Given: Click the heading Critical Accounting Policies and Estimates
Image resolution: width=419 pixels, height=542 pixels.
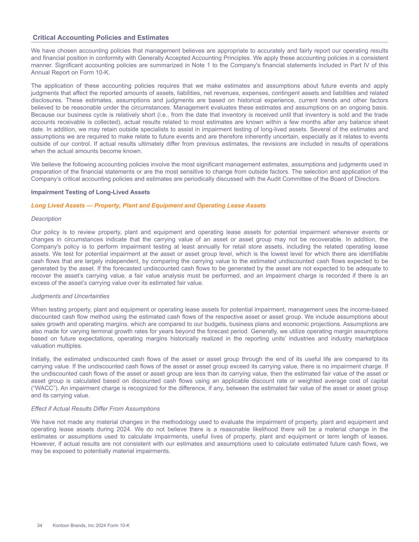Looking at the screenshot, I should (x=100, y=38).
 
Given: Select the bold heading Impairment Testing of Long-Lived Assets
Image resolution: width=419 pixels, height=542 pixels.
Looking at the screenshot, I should (x=91, y=192).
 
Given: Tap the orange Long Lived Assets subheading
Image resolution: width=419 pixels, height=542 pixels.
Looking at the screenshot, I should (x=148, y=205).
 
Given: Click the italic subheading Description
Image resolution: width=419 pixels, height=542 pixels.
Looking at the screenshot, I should (x=46, y=219).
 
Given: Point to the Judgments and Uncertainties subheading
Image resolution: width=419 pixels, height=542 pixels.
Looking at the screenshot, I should (x=70, y=296).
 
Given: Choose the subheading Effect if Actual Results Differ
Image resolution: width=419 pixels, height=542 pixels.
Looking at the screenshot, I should (x=95, y=409).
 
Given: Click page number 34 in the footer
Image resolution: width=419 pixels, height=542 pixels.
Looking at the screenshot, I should (x=40, y=526).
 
